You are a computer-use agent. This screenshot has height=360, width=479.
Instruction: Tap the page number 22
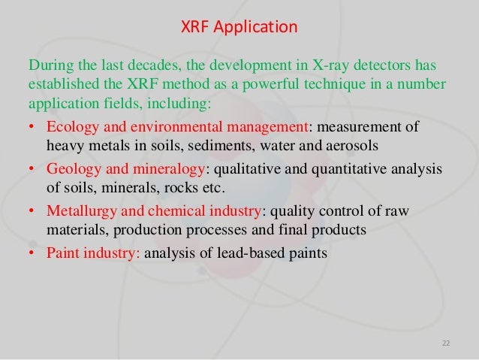tap(447, 344)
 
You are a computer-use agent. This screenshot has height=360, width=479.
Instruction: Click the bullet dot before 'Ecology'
tap(33, 124)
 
